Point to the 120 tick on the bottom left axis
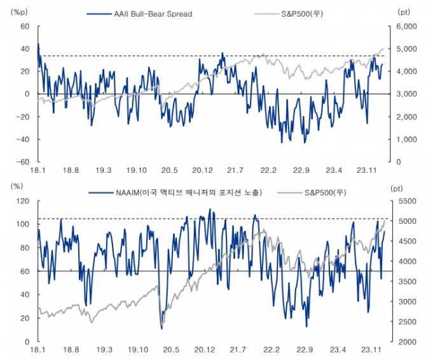tap(24, 201)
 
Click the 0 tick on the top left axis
tap(27, 94)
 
